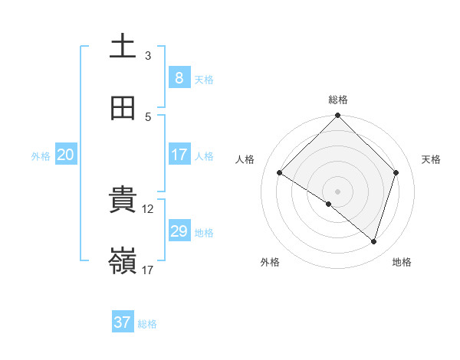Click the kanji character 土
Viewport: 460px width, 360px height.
click(123, 47)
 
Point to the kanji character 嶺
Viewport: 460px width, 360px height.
click(123, 261)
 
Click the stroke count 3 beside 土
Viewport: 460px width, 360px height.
click(148, 55)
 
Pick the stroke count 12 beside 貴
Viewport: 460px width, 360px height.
click(149, 208)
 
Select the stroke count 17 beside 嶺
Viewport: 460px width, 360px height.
click(148, 270)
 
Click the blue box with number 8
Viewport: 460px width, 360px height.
click(179, 77)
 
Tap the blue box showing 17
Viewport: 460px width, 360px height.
click(179, 155)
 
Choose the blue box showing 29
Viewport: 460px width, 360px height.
click(179, 231)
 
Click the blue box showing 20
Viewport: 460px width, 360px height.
click(66, 155)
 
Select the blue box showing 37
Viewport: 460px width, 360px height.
click(122, 322)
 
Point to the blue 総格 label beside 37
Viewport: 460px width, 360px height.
click(147, 324)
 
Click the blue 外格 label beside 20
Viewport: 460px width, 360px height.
click(41, 155)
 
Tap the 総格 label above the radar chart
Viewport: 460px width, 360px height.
click(338, 100)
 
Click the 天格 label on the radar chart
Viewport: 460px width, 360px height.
click(432, 159)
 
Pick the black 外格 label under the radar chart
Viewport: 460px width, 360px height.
click(270, 262)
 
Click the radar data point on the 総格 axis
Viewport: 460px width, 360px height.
click(338, 116)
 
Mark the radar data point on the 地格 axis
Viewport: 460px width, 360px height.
click(374, 241)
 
